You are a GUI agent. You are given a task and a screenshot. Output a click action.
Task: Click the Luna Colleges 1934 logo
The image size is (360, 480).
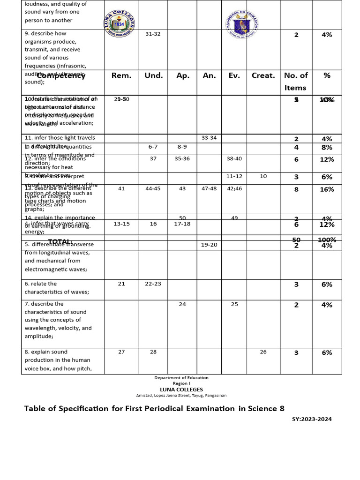point(119,23)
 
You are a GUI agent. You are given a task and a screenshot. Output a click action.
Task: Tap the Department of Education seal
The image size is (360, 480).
point(242,24)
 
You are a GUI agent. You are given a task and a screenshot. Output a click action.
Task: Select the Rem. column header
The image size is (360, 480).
point(121,75)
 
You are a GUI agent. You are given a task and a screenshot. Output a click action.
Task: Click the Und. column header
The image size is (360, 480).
point(153,75)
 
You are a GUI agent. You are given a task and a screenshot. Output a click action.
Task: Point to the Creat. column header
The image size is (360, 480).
point(263,75)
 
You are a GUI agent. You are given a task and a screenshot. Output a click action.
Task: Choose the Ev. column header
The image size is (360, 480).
point(234,75)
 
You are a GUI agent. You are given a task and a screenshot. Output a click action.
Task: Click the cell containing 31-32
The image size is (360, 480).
point(153,34)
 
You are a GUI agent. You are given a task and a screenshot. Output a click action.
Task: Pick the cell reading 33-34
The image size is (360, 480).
point(209,138)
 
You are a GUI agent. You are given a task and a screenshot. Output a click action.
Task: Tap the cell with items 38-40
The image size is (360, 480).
point(234,159)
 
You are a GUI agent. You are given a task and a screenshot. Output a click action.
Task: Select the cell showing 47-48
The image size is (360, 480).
point(209,188)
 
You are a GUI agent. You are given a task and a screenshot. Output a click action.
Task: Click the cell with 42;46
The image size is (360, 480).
point(234,188)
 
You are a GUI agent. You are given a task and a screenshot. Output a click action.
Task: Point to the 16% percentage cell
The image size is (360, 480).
point(327,189)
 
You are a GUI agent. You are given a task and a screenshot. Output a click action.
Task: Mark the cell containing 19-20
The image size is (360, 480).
point(209,245)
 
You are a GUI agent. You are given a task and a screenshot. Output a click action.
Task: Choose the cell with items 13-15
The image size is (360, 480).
point(121,224)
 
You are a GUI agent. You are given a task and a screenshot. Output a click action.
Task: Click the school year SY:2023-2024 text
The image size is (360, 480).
point(312,419)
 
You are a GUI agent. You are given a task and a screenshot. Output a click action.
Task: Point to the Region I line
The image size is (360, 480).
point(181,383)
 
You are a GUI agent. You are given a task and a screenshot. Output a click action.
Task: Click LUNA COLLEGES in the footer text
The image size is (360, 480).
point(181,390)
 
